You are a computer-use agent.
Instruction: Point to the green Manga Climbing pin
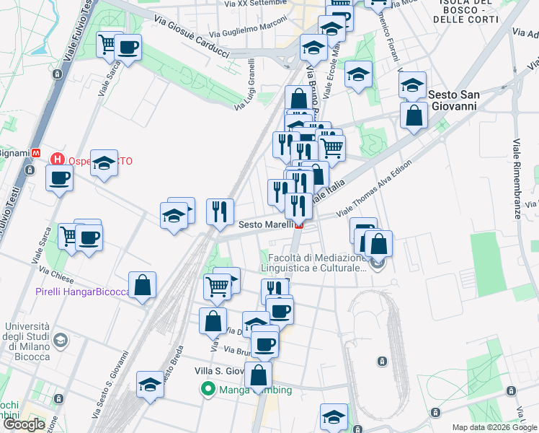pos(209,390)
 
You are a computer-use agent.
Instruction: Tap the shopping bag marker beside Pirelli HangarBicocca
pos(143,285)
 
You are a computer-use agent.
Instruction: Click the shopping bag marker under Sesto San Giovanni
pos(414,115)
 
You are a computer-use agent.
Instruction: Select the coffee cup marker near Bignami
pos(59,177)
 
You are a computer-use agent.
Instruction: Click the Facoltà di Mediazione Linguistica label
pos(317,263)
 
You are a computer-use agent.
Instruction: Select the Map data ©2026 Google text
pos(495,427)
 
